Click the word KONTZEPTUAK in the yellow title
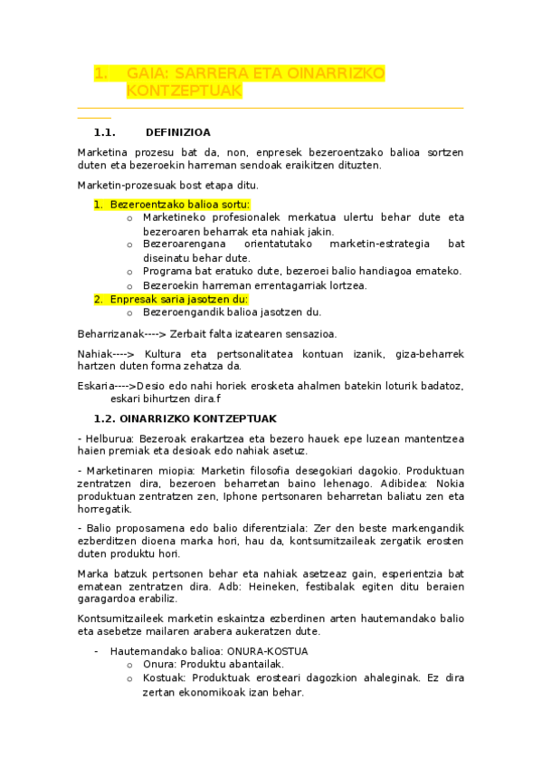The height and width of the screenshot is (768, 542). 184,92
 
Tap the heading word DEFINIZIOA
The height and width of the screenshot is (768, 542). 177,131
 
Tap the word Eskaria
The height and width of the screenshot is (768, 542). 95,386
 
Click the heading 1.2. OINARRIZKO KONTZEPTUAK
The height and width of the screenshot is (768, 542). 185,418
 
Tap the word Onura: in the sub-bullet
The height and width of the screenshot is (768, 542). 159,664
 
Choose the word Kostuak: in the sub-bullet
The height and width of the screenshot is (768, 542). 165,677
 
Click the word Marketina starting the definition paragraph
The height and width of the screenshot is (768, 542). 104,152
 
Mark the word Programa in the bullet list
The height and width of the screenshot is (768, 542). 166,271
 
